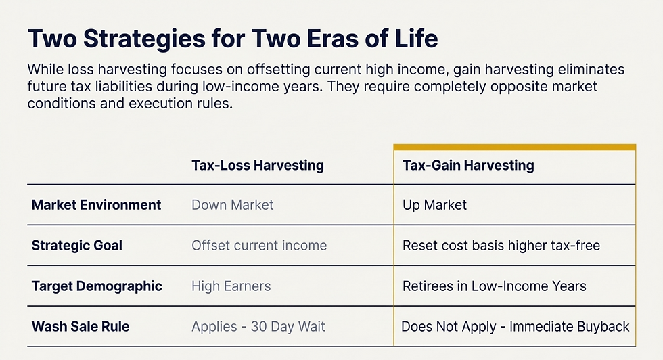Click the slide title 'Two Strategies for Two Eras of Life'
pyautogui.click(x=232, y=39)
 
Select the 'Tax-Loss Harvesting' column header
pyautogui.click(x=257, y=165)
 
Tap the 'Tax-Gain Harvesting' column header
pyautogui.click(x=468, y=165)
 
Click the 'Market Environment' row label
pyautogui.click(x=96, y=204)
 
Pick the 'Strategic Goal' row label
pyautogui.click(x=76, y=245)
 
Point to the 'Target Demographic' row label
pyautogui.click(x=97, y=286)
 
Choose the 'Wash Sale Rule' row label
pyautogui.click(x=81, y=326)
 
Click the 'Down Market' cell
pyautogui.click(x=232, y=204)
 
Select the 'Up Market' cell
pyautogui.click(x=434, y=204)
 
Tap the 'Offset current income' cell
pyautogui.click(x=259, y=245)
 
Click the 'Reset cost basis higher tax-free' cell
pyautogui.click(x=501, y=245)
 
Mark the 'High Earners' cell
pyautogui.click(x=231, y=286)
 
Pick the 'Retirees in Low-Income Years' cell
pyautogui.click(x=494, y=286)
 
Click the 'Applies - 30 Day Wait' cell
pyautogui.click(x=258, y=326)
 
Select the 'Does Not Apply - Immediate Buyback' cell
pyautogui.click(x=515, y=326)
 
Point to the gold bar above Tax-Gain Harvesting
pyautogui.click(x=514, y=147)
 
